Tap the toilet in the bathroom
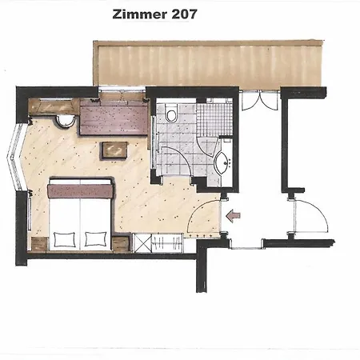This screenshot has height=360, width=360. click(x=170, y=117)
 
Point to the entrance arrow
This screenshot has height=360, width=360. click(x=233, y=214)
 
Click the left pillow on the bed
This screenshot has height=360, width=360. click(x=64, y=236)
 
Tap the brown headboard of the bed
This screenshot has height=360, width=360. click(x=80, y=190)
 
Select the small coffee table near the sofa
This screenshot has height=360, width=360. click(x=113, y=150)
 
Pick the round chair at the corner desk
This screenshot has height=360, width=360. click(x=66, y=121)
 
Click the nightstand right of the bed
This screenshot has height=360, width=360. click(x=121, y=243)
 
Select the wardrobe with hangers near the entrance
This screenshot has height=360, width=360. click(x=164, y=242)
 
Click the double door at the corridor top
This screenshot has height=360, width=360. click(x=258, y=102)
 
